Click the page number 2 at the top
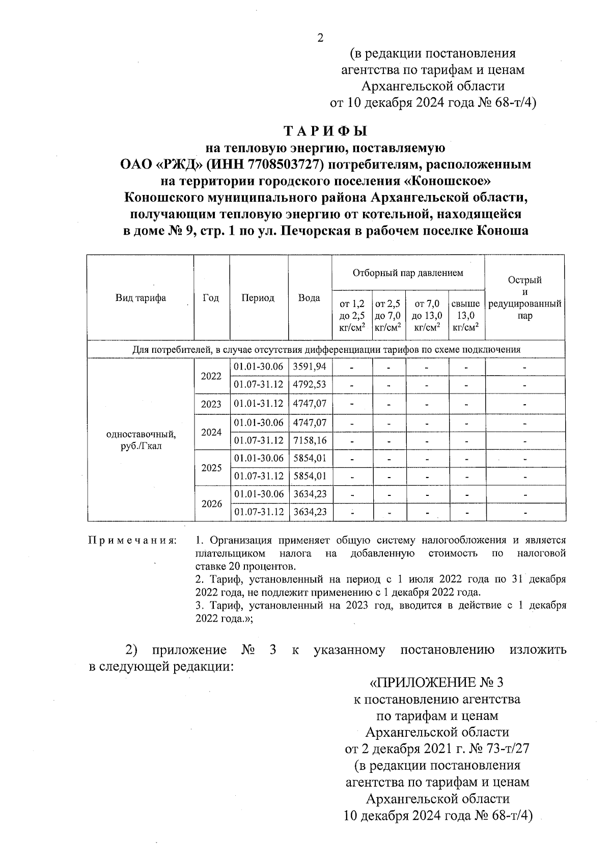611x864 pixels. tap(320, 38)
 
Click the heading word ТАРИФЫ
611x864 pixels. tap(325, 131)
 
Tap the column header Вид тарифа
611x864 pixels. tap(141, 298)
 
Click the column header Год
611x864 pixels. tap(211, 298)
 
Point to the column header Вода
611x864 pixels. tap(309, 298)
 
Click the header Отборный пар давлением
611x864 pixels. tap(408, 273)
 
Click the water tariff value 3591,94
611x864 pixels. tap(310, 367)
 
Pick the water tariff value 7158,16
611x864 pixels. tap(310, 440)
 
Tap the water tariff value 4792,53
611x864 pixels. tap(310, 384)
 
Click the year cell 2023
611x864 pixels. tap(211, 404)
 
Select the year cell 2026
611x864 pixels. tap(212, 504)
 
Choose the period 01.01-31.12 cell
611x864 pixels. tap(259, 404)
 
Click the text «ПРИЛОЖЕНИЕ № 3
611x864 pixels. tap(437, 682)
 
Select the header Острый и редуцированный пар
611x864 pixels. tap(524, 298)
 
